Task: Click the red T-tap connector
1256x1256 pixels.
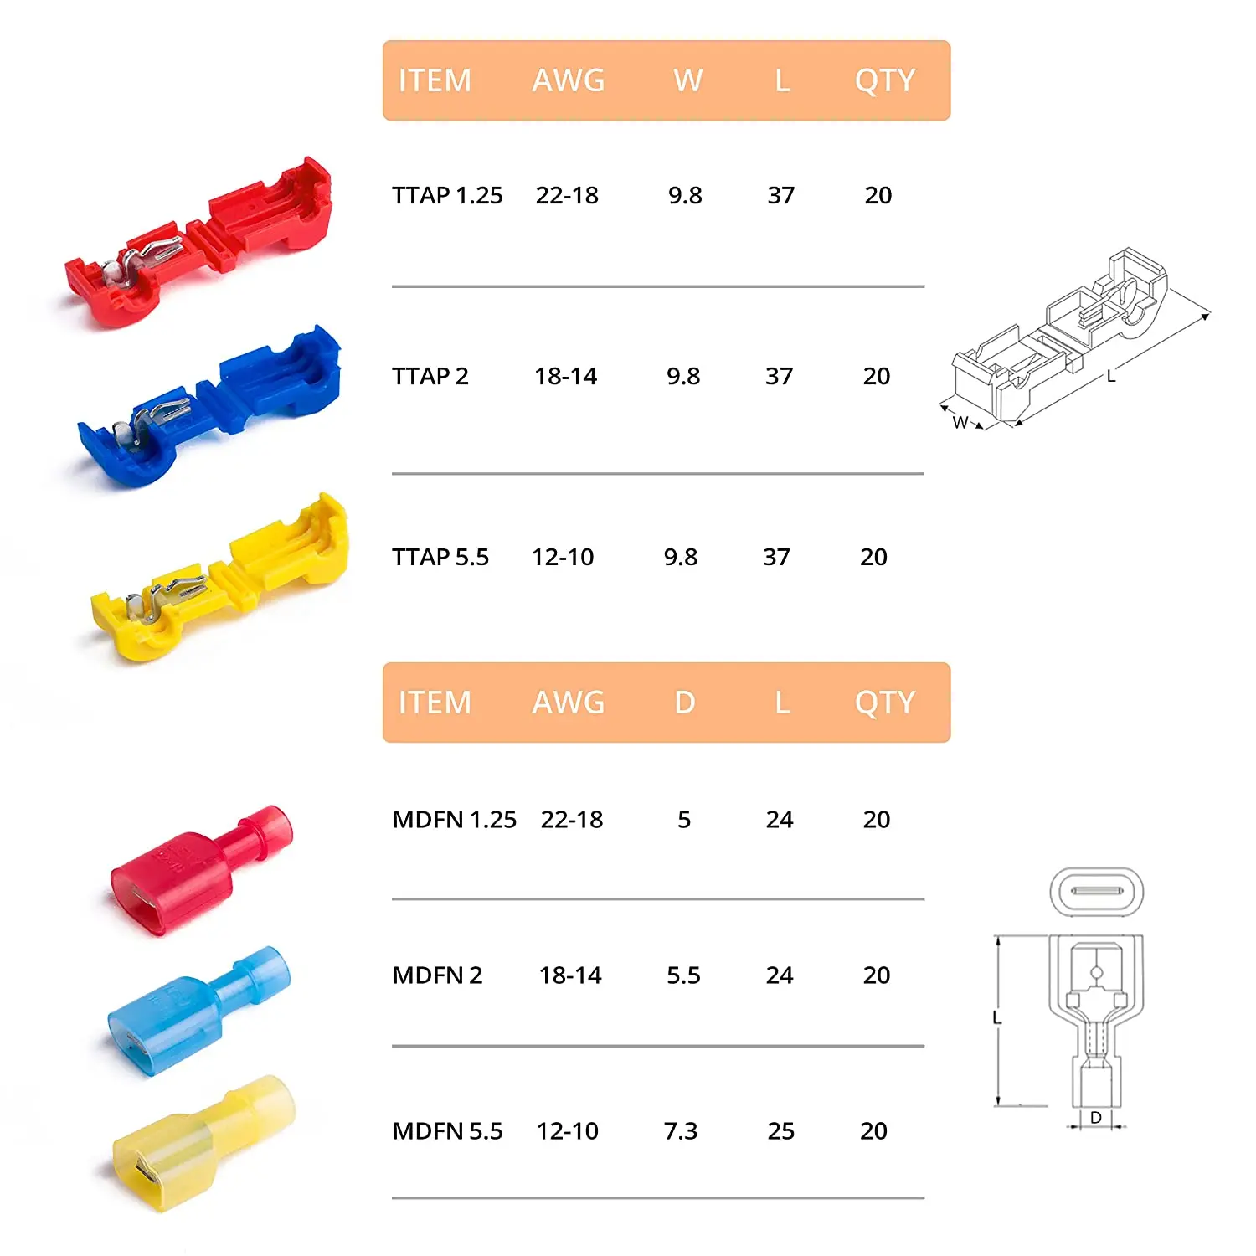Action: tap(201, 243)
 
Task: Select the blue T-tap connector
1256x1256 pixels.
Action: tap(209, 406)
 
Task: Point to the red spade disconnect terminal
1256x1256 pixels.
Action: tap(201, 871)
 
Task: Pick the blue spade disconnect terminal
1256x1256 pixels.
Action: tap(199, 1011)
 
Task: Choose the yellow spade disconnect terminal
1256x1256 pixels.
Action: tap(203, 1143)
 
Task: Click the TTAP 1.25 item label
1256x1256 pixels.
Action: tap(447, 195)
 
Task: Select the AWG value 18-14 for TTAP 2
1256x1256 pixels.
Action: tap(566, 376)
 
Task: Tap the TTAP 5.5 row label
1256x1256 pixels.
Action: tap(440, 557)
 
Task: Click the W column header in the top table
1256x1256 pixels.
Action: tap(687, 80)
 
